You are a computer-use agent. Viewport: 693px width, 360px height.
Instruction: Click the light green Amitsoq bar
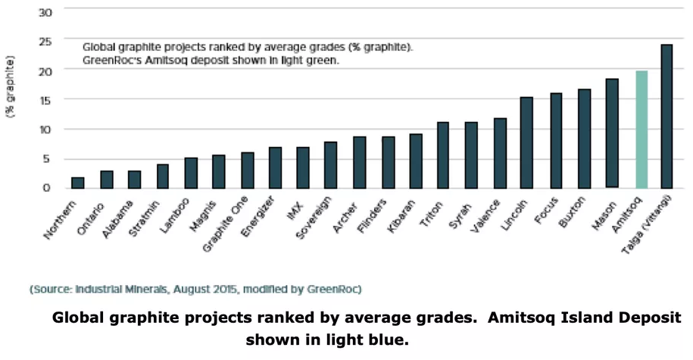tap(641, 129)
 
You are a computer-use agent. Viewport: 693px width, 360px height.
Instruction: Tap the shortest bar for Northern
tap(77, 183)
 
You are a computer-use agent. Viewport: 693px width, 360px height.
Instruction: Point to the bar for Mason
tap(612, 133)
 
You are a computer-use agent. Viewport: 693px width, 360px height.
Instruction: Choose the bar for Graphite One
tap(248, 170)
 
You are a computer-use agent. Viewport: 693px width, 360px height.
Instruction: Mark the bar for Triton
tap(443, 155)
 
